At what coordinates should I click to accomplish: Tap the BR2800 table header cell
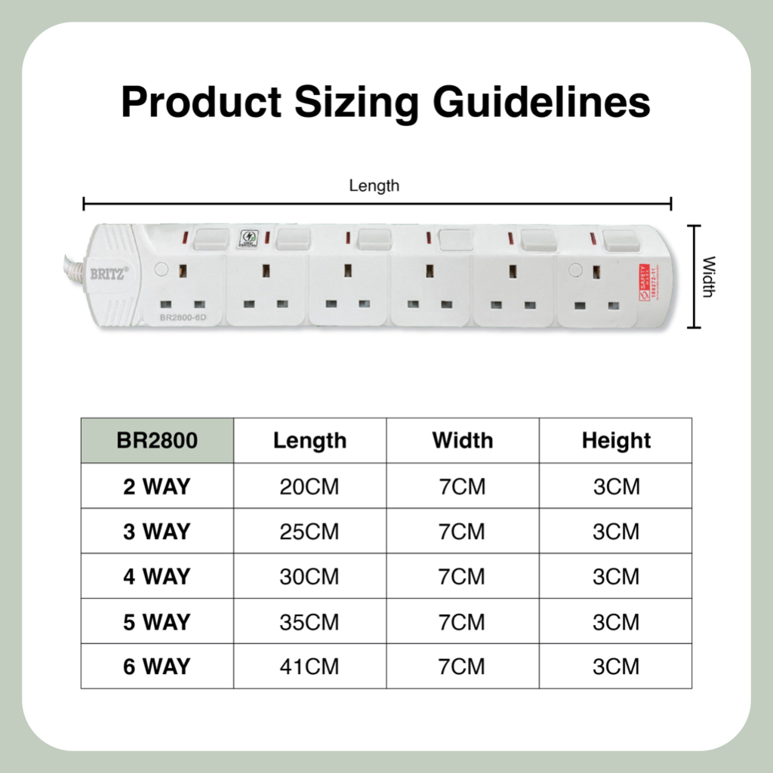(x=157, y=440)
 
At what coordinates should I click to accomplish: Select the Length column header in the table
(x=310, y=440)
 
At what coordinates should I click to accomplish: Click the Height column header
(x=616, y=440)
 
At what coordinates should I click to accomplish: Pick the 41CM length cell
(x=310, y=667)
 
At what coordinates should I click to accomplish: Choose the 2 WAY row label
(x=157, y=486)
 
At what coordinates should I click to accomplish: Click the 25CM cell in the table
(x=310, y=531)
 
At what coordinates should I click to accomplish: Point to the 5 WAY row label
(x=157, y=622)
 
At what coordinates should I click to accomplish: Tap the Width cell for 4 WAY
(x=462, y=577)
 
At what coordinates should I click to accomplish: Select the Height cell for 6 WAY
(x=616, y=667)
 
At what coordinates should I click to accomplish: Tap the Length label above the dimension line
(x=374, y=186)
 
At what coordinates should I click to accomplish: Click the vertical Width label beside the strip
(x=708, y=277)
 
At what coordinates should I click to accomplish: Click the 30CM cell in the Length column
(x=310, y=577)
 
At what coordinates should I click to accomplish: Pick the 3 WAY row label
(x=157, y=531)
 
